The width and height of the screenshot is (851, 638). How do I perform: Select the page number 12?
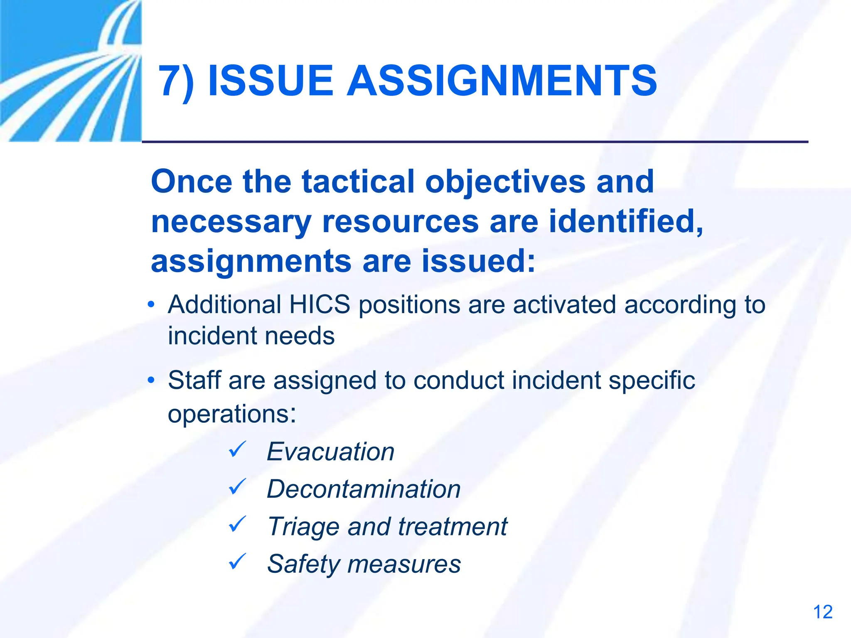click(822, 612)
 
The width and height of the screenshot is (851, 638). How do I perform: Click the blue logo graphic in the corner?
click(71, 71)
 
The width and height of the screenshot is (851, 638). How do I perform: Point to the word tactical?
click(358, 182)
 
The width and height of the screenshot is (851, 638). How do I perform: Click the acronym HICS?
click(320, 304)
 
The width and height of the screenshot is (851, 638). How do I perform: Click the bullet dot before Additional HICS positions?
click(151, 305)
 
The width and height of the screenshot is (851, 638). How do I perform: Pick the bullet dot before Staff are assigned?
click(151, 380)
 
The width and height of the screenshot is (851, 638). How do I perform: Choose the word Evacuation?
click(330, 452)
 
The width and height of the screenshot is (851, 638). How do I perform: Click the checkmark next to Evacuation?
click(238, 450)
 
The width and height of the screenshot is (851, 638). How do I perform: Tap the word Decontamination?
click(364, 489)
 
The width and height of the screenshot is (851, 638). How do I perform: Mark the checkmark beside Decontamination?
click(238, 487)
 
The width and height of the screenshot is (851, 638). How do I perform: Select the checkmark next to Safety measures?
click(238, 562)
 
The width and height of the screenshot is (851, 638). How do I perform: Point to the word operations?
click(232, 414)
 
